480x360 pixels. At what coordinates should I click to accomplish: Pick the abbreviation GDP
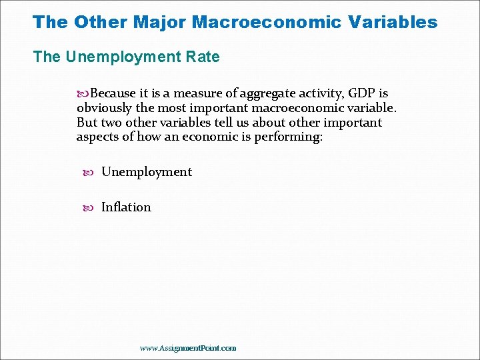click(x=361, y=93)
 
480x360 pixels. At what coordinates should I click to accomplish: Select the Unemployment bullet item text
click(x=147, y=172)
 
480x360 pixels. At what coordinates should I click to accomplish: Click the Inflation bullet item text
click(x=126, y=207)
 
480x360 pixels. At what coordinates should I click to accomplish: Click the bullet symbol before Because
click(x=83, y=93)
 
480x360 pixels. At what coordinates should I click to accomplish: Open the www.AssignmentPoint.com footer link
click(x=188, y=348)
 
